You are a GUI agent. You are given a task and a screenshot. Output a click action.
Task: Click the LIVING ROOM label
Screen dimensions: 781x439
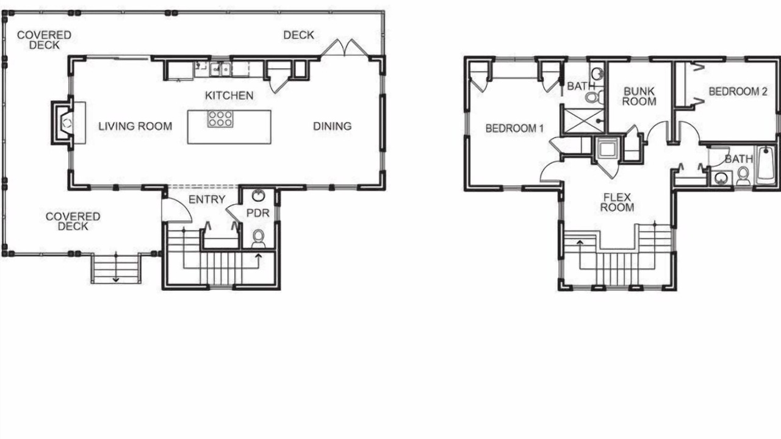[135, 126]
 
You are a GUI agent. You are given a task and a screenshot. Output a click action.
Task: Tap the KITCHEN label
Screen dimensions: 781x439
[229, 96]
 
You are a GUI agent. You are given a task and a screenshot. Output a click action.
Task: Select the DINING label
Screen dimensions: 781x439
[333, 126]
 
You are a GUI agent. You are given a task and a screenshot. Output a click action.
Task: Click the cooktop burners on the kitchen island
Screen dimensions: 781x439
[220, 119]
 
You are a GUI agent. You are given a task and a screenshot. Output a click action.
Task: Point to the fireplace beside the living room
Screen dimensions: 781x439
[63, 123]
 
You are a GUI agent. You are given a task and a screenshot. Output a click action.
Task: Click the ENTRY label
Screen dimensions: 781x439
[207, 199]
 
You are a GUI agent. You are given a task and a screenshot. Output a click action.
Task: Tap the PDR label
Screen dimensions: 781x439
[258, 213]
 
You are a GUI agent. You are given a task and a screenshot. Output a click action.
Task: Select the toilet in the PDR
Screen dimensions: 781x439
[258, 238]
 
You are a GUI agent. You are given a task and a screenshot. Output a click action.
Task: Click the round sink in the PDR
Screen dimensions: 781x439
[258, 196]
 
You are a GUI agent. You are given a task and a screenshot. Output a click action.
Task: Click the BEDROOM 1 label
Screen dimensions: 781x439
[514, 129]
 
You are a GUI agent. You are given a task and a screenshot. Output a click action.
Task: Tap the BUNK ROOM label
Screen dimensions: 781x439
[639, 96]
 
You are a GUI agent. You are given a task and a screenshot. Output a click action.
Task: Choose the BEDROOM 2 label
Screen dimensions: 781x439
[738, 91]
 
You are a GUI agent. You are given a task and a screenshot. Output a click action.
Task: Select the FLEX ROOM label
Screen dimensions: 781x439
[617, 202]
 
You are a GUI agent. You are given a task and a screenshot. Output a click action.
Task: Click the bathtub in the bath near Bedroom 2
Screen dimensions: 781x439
[766, 165]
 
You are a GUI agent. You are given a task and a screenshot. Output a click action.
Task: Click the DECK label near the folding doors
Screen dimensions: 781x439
[298, 35]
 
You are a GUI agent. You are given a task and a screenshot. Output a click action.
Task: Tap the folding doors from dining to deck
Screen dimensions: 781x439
[345, 48]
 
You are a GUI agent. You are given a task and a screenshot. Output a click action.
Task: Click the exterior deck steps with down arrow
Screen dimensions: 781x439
[116, 269]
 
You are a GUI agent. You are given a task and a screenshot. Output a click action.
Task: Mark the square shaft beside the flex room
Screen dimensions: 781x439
[607, 148]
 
